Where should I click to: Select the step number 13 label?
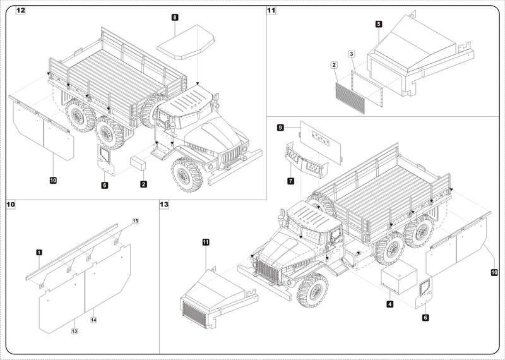pos(165,205)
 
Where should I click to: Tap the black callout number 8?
pos(174,18)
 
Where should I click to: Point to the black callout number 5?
pos(377,23)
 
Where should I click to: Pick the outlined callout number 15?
pos(134,220)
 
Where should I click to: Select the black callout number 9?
pos(280,128)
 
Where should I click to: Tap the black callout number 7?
pos(290,181)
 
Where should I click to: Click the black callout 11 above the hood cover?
pos(206,241)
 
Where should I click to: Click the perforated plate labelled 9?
pos(321,139)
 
